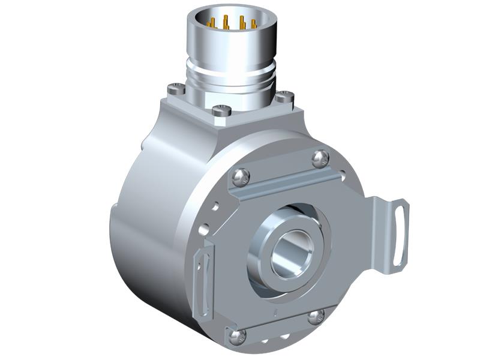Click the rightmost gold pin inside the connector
(253, 24)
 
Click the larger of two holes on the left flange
(203, 229)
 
